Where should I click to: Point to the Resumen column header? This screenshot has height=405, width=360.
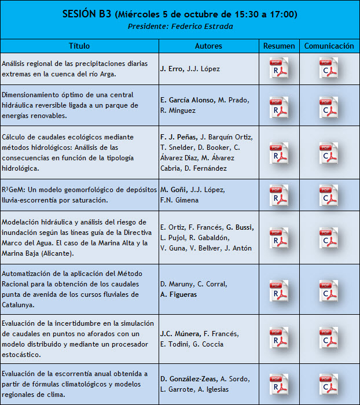click(x=279, y=46)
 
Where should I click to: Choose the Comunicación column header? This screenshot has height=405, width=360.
click(x=329, y=46)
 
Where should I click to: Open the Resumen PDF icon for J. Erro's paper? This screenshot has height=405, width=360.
click(x=279, y=68)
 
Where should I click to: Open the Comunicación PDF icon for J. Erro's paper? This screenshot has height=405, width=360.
click(x=329, y=68)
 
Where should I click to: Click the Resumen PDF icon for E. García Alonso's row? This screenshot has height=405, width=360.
click(x=279, y=105)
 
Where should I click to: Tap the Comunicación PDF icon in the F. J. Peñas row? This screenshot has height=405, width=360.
click(x=329, y=153)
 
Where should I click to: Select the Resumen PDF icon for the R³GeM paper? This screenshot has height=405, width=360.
click(x=279, y=195)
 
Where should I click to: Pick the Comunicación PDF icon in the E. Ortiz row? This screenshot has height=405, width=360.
click(x=329, y=237)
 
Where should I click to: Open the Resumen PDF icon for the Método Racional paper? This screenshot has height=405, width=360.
click(x=279, y=289)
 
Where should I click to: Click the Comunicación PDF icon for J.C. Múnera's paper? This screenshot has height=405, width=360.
click(x=329, y=338)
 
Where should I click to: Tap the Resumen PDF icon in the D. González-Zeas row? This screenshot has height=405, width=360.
click(x=279, y=384)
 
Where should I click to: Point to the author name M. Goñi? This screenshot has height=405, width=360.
click(x=172, y=190)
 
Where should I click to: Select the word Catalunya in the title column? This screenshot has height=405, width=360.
click(x=17, y=305)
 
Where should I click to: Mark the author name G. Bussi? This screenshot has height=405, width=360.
click(x=240, y=227)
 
